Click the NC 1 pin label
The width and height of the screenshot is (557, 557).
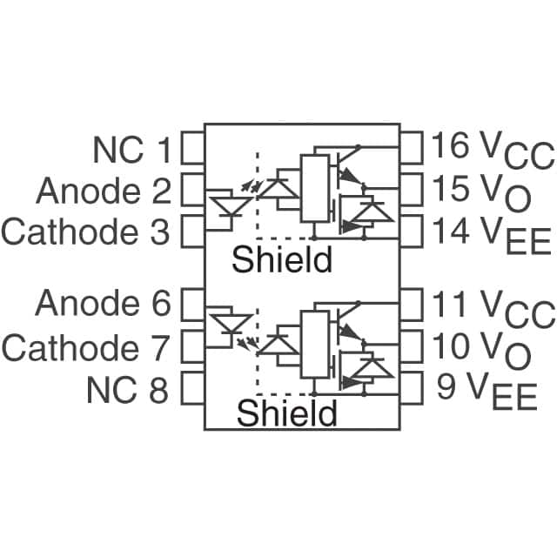coord(131,151)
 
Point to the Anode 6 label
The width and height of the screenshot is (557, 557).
coord(102,305)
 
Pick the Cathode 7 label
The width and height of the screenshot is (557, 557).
coord(84,347)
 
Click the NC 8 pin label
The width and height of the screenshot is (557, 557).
coord(127,390)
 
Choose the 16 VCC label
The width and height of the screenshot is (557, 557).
coord(492,150)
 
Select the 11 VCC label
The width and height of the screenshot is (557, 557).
coord(492,306)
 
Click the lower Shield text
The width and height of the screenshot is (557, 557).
coord(286,413)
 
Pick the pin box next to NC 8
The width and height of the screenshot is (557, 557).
coord(191,389)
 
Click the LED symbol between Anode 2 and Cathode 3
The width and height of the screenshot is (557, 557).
coord(226,206)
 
